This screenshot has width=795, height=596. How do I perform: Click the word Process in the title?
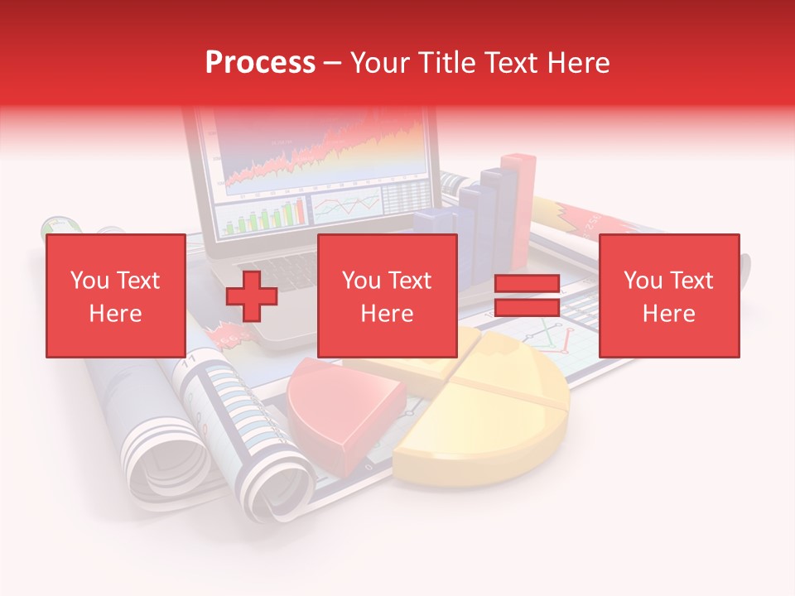click(260, 63)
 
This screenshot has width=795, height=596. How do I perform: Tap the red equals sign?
click(527, 296)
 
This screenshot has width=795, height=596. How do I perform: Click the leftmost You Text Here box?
click(115, 296)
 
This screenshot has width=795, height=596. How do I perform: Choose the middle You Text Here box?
click(387, 296)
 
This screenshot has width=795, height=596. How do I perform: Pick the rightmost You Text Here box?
click(668, 296)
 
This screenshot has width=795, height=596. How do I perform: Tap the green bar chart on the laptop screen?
click(261, 218)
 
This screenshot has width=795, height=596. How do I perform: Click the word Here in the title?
click(579, 63)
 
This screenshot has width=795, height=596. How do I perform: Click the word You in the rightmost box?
click(643, 281)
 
